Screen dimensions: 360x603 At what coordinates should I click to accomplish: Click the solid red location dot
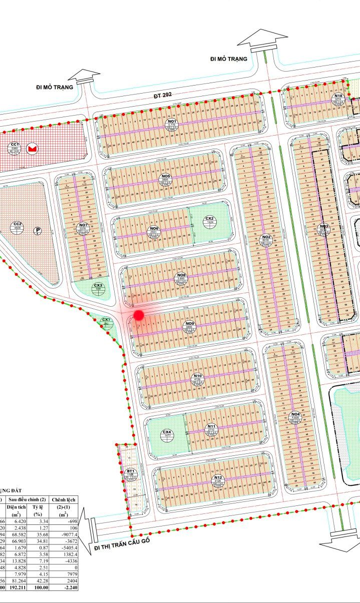139,315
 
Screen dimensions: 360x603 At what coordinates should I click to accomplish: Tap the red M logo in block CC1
33,149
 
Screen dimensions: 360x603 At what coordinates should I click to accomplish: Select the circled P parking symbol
37,231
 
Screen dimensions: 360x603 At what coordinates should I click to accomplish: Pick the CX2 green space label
209,219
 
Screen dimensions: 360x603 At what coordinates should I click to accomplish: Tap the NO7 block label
83,225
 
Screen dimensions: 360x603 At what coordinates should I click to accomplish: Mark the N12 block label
218,477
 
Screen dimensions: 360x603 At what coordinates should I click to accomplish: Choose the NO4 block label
295,414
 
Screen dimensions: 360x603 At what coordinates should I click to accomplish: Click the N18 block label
338,96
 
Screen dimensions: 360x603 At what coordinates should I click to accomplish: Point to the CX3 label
98,285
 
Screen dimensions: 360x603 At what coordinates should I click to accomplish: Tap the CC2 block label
18,224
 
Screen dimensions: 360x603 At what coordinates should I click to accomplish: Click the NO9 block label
190,324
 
